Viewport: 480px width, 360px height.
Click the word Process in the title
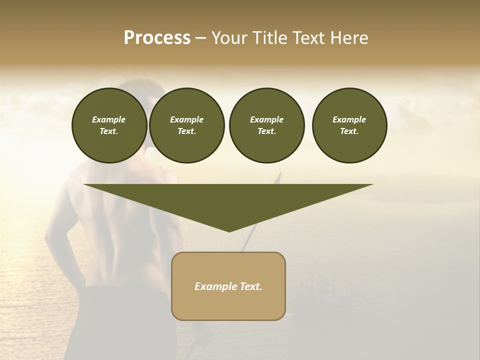click(157, 38)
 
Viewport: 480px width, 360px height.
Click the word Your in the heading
click(230, 38)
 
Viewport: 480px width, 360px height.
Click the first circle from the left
click(109, 125)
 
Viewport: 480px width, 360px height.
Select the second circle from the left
click(186, 125)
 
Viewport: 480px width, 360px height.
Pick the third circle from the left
click(266, 125)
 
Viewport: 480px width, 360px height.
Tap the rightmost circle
click(349, 125)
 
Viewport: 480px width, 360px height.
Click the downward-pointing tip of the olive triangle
click(229, 230)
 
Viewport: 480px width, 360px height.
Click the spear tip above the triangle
click(280, 176)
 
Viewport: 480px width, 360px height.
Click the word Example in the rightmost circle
click(349, 119)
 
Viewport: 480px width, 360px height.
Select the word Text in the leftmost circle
click(108, 131)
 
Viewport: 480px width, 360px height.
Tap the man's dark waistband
click(125, 290)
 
